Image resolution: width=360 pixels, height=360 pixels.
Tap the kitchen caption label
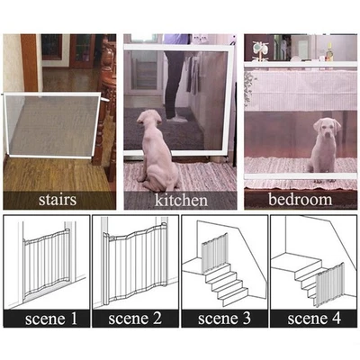click(180, 199)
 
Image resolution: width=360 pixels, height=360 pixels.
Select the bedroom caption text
click(300, 199)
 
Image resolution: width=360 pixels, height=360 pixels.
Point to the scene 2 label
click(135, 318)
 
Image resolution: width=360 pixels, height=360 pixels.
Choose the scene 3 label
click(225, 318)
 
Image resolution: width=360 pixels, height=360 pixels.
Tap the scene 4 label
click(313, 318)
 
